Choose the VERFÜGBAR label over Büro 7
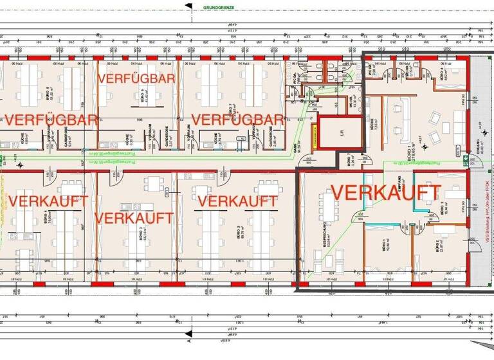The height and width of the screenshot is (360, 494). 237,120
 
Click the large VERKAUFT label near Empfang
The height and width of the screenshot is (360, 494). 385,192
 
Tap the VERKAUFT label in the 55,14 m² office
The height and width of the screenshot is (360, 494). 134,217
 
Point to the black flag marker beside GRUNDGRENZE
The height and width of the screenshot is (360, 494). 188,6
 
